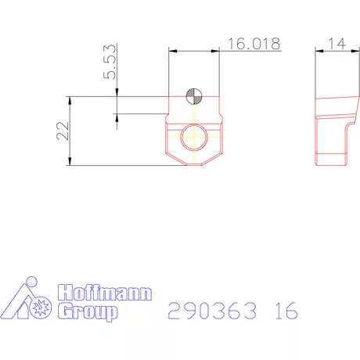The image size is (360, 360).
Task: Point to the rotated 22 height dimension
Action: [61, 131]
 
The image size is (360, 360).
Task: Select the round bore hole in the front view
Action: [193, 139]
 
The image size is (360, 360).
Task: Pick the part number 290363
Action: [214, 311]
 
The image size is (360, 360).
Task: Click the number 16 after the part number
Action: [286, 311]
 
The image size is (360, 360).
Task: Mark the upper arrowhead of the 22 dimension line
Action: [71, 100]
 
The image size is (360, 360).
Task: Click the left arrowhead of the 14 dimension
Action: [318, 51]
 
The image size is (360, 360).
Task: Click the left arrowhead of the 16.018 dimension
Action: [172, 51]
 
